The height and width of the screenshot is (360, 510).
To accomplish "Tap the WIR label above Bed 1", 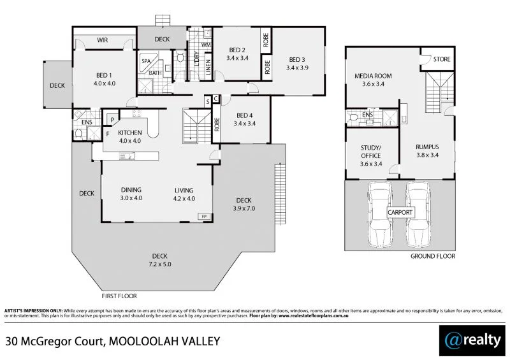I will point(102,40).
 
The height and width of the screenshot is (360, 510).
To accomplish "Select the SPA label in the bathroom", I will point(146,61).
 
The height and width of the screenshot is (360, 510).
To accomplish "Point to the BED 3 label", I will point(296,59).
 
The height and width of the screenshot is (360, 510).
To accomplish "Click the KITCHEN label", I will point(129,133).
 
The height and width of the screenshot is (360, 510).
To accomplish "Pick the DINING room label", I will point(131,190).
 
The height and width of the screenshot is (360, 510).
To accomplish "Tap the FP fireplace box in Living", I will point(205,217).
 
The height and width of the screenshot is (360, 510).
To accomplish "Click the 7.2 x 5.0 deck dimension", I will point(161,264).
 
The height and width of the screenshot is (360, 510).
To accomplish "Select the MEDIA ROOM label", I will point(373,76).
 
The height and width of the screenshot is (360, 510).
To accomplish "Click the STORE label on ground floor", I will point(442,59).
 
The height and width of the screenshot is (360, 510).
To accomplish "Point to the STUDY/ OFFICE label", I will point(370,152).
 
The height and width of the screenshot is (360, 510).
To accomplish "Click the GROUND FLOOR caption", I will point(433,256).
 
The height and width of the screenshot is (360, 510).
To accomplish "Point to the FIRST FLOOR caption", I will point(119,296).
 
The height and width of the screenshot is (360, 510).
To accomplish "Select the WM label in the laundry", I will point(206,46).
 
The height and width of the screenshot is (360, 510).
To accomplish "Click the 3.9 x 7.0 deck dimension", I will point(244,208).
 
